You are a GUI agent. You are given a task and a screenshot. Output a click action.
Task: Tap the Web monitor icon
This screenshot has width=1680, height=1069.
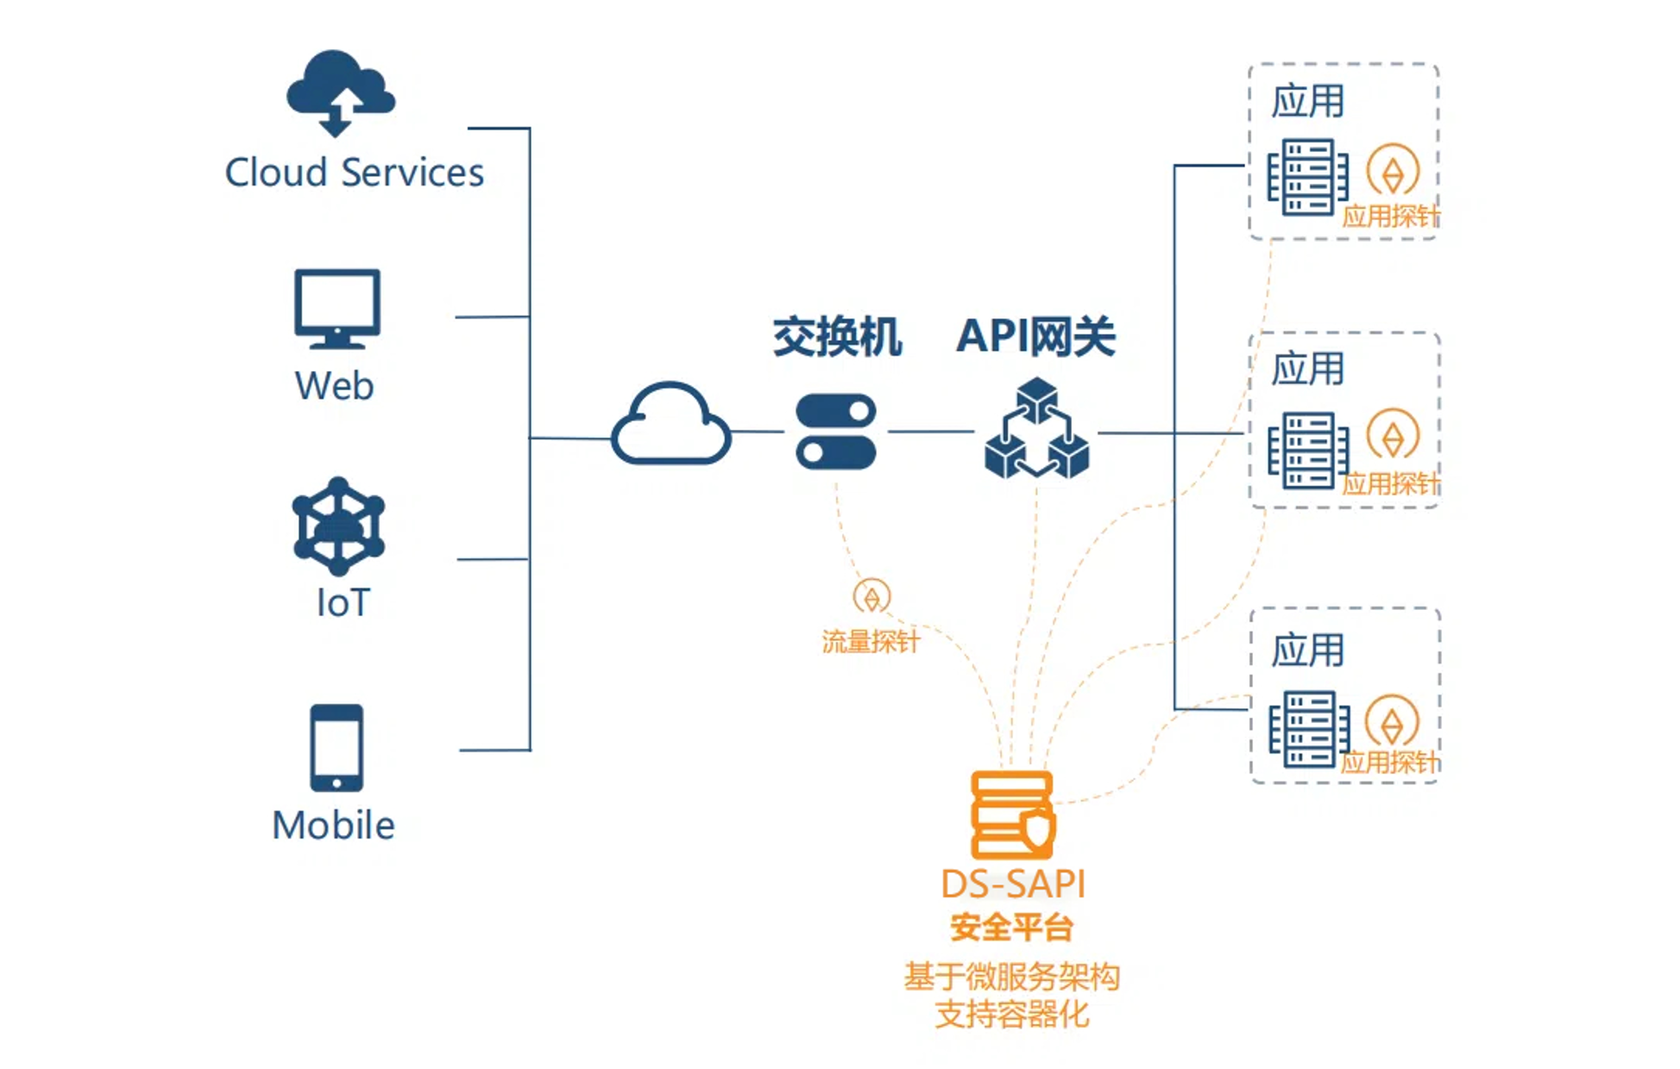tap(337, 308)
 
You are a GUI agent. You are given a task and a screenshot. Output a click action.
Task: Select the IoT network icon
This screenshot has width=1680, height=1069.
tap(338, 526)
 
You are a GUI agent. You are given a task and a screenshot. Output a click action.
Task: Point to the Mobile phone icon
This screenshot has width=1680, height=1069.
tap(337, 748)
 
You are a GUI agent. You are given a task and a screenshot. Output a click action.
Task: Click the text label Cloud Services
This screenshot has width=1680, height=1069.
tap(354, 173)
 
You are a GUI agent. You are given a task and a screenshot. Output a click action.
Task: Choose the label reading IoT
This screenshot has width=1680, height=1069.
tap(343, 603)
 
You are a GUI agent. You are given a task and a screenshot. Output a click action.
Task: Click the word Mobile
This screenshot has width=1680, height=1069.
tap(333, 826)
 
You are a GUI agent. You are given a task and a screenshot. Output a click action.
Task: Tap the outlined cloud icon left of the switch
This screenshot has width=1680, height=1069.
tap(670, 424)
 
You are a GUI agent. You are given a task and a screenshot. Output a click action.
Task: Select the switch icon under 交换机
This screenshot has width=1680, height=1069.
tap(835, 431)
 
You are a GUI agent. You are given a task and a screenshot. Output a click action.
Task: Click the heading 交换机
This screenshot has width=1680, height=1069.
tap(836, 336)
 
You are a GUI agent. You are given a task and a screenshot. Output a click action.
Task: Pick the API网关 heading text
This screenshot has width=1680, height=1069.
tap(1035, 336)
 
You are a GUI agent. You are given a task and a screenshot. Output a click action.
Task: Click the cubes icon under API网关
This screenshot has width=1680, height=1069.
tap(1036, 429)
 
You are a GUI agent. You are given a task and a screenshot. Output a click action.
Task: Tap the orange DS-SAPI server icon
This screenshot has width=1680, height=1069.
tap(1012, 814)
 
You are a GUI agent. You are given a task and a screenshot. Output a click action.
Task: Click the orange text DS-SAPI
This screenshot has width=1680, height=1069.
tap(1012, 883)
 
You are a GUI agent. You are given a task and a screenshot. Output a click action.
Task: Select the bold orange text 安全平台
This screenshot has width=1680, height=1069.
tap(1012, 928)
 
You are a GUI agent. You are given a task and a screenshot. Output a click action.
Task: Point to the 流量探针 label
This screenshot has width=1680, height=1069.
tap(870, 642)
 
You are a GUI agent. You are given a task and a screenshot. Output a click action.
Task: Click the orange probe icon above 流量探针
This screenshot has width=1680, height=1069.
tap(871, 596)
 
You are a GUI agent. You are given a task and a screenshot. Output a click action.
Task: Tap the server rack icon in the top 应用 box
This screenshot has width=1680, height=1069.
tap(1307, 177)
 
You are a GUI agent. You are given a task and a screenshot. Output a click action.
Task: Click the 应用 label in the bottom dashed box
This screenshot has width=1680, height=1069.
tap(1307, 650)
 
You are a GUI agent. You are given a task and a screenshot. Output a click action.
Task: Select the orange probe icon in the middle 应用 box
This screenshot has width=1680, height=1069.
tap(1393, 436)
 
